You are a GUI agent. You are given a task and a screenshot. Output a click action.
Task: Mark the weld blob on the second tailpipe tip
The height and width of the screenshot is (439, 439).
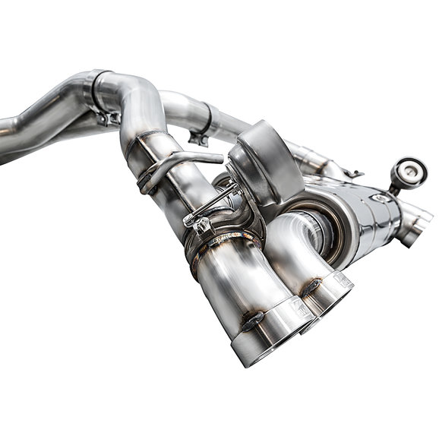pyautogui.click(x=312, y=286)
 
